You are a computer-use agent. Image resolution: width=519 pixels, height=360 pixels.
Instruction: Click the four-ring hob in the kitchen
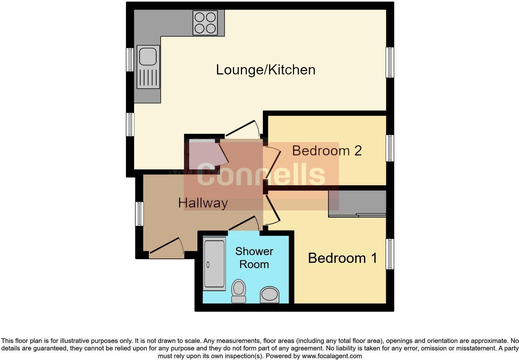205,23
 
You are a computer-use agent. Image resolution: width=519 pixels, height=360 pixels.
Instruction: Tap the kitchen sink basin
148,56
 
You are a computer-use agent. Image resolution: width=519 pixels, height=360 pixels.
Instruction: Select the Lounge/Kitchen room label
265,70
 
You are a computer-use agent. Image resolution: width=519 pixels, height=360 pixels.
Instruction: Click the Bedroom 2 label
327,151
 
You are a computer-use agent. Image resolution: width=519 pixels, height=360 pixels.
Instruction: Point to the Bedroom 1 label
342,258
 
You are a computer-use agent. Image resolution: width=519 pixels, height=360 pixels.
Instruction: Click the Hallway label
203,203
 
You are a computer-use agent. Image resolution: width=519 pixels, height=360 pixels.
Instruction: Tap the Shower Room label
254,258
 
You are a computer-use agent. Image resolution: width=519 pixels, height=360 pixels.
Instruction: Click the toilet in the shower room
239,291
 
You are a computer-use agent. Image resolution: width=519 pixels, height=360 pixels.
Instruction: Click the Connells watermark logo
261,174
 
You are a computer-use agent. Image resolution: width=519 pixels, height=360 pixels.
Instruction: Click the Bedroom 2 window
390,148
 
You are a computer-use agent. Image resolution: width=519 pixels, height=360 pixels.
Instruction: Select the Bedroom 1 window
390,254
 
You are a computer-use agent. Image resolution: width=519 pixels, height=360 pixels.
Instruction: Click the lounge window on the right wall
390,62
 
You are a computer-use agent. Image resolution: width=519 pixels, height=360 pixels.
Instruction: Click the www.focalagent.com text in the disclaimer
332,356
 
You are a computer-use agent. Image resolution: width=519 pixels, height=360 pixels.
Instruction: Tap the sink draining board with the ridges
148,77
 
